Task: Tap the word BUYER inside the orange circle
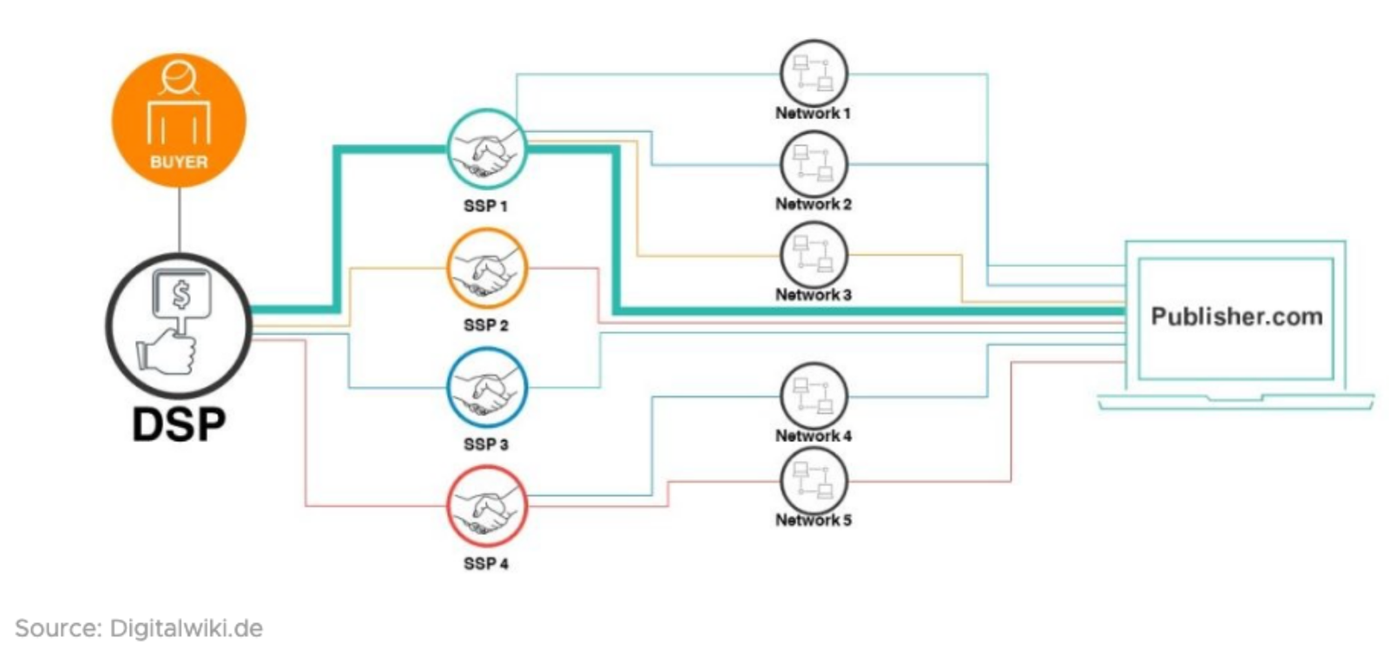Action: click(x=179, y=161)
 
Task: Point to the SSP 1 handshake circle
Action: click(x=486, y=148)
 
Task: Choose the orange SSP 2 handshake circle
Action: click(x=486, y=268)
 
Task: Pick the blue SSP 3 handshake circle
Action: click(x=486, y=387)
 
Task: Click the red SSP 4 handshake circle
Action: click(x=486, y=506)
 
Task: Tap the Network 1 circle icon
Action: click(x=813, y=73)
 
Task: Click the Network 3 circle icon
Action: click(x=813, y=254)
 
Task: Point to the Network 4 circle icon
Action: click(x=813, y=396)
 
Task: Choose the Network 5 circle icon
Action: click(x=813, y=480)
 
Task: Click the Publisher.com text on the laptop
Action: click(x=1236, y=316)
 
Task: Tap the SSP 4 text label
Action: click(x=486, y=563)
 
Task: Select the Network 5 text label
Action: click(x=813, y=520)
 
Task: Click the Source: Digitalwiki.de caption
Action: click(x=139, y=628)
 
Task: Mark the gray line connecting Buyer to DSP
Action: click(x=179, y=221)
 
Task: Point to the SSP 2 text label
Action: click(x=486, y=325)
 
